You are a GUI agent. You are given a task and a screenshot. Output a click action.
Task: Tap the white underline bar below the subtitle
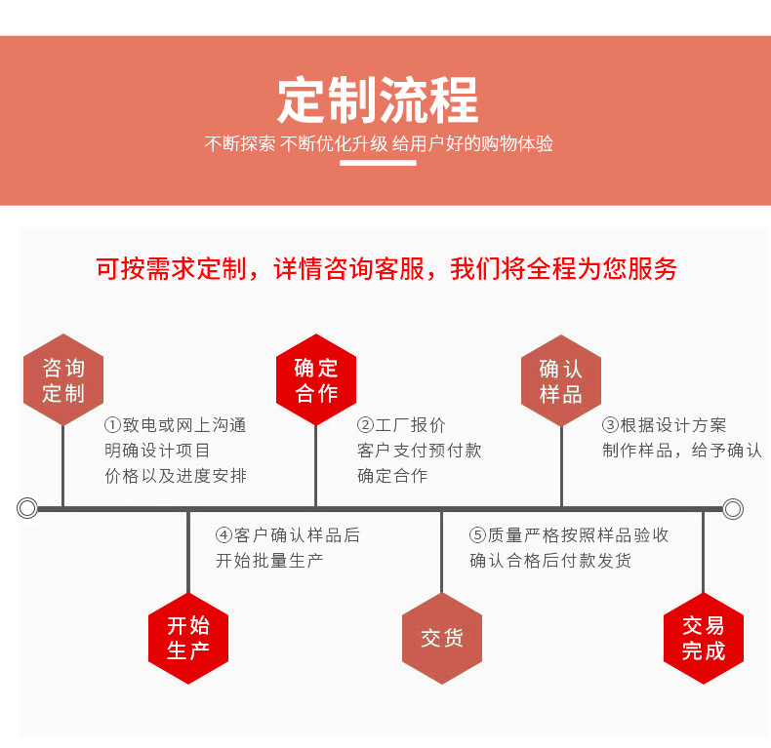point(378,163)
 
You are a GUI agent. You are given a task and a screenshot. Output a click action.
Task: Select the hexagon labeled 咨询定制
point(63,380)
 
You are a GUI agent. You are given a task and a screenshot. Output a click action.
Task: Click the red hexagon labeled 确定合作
point(316,380)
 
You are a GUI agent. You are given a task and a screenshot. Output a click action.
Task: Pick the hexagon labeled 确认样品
point(561,380)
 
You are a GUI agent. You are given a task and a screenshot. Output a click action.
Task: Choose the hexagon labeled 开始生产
point(188,638)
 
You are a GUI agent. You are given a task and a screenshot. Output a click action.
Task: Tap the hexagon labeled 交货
point(442,638)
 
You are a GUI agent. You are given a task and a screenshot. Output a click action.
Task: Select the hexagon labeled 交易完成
point(704,638)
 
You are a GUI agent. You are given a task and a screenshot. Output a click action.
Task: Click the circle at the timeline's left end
point(27,508)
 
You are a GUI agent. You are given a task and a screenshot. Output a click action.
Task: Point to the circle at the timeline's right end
point(733,508)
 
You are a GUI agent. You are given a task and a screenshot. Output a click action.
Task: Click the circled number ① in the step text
point(113,425)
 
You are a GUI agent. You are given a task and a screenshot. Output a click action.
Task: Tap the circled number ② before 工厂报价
point(366,425)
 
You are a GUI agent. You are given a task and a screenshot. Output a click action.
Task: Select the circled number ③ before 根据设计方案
point(610,425)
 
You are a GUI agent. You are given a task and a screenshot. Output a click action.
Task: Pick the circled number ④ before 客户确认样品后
point(224,535)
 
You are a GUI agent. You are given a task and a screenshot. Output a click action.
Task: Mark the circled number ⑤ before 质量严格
point(477,535)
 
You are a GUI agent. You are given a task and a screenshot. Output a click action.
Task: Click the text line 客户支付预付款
point(419,451)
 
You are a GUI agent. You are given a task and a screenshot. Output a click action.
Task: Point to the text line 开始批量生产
point(269,561)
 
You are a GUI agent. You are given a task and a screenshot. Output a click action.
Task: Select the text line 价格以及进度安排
point(176,476)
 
